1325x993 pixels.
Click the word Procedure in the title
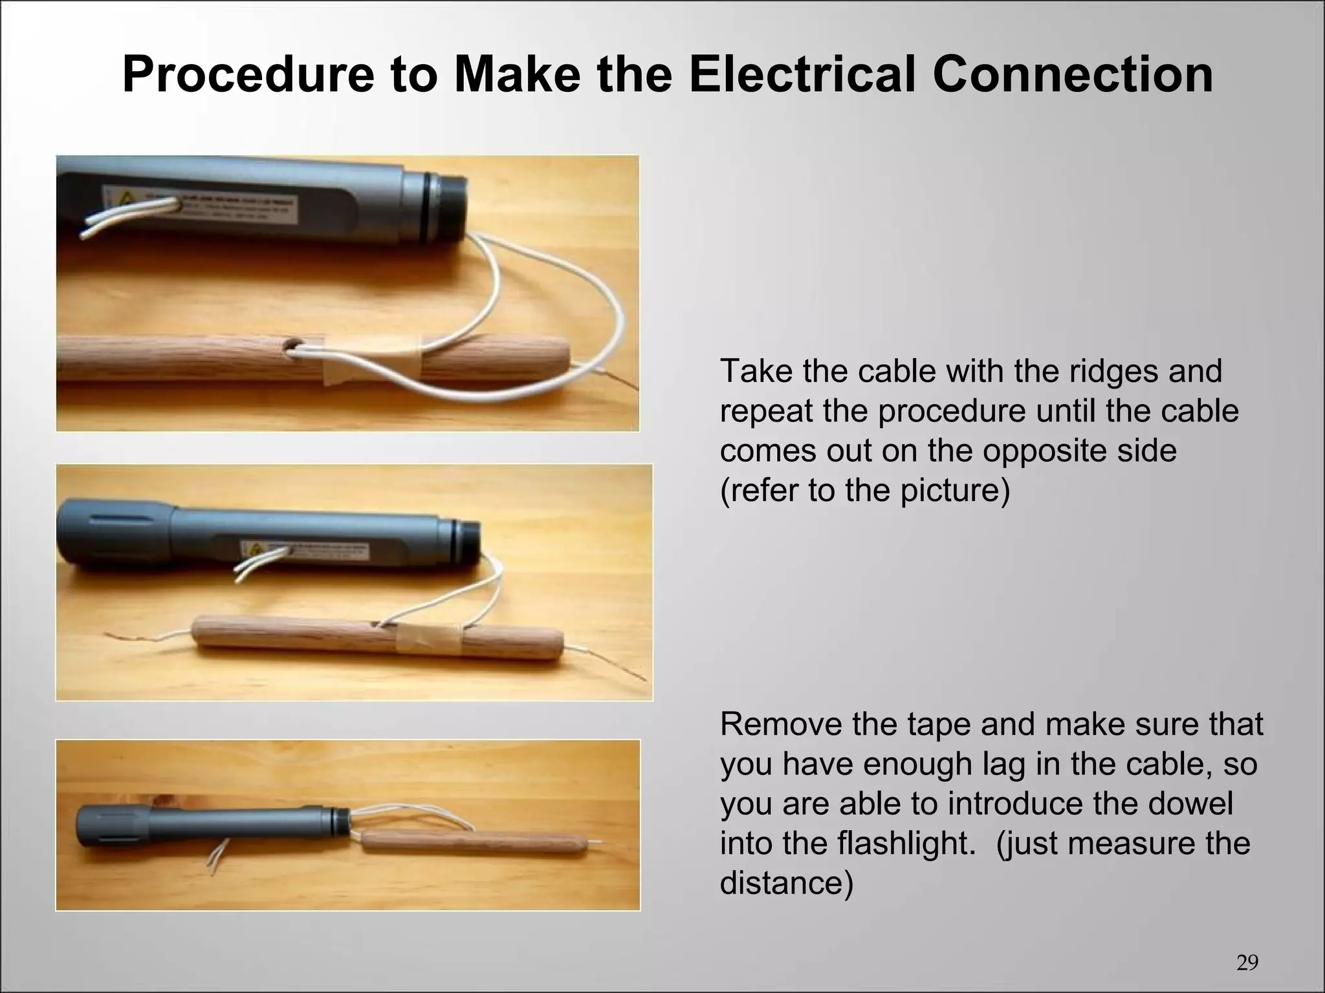(x=248, y=75)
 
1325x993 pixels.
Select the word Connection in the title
(x=1072, y=75)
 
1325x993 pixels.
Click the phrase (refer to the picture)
(x=864, y=490)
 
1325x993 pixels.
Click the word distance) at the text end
(x=786, y=883)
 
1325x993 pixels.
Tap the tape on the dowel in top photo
(x=372, y=361)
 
